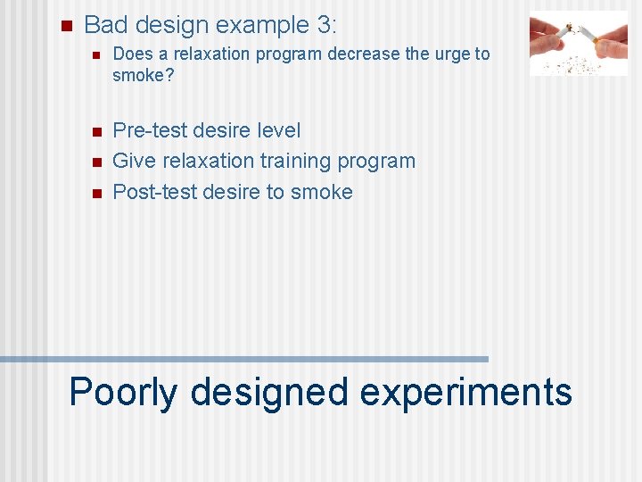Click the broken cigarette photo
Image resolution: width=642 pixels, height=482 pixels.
point(578,43)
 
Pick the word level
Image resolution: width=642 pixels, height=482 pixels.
point(278,130)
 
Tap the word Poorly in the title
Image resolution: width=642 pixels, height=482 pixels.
point(123,392)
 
